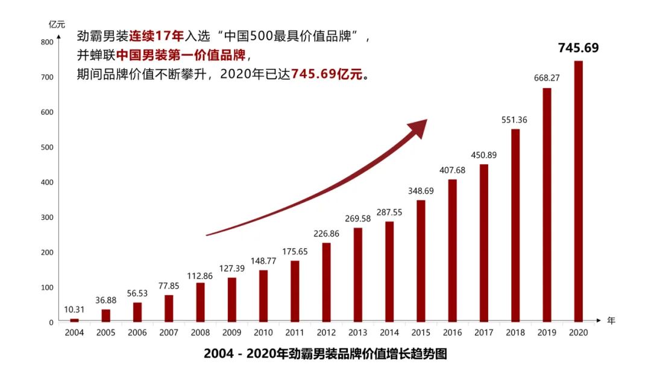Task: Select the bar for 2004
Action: point(74,320)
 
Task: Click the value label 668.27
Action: point(547,78)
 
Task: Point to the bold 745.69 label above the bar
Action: point(578,48)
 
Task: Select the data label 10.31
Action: point(75,309)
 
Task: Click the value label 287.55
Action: point(389,212)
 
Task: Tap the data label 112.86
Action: point(200,273)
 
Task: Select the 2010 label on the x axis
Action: point(263,333)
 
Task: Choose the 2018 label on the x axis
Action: point(515,333)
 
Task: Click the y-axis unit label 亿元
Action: point(57,24)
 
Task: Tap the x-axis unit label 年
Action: point(611,321)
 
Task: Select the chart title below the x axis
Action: point(325,353)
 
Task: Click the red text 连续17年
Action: point(156,36)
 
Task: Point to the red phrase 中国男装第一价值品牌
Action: point(181,56)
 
